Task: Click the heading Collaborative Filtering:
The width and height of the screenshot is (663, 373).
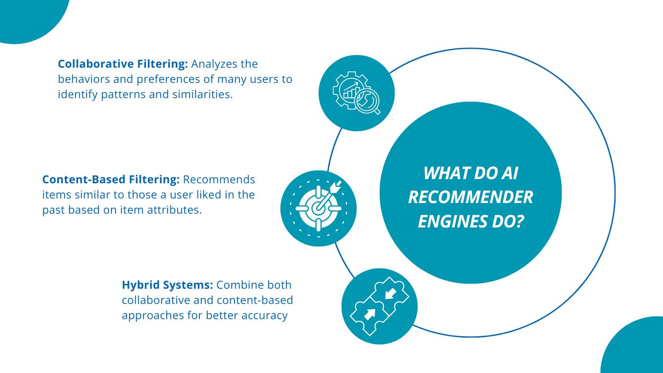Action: coord(123,64)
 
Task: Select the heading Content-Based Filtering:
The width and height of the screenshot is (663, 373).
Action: coord(110,179)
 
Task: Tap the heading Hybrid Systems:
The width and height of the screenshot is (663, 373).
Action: coord(167,285)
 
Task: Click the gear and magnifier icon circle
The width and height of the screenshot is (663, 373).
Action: coord(356,93)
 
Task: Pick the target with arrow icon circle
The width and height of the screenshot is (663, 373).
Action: coord(318,208)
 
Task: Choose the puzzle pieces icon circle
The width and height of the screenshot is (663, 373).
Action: coord(379,306)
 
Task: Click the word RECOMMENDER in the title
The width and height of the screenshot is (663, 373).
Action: coord(471,198)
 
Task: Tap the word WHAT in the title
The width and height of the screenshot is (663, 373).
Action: coord(445,174)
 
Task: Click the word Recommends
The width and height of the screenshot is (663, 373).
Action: coord(219,179)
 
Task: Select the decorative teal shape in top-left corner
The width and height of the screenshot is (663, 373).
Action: coord(28,16)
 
